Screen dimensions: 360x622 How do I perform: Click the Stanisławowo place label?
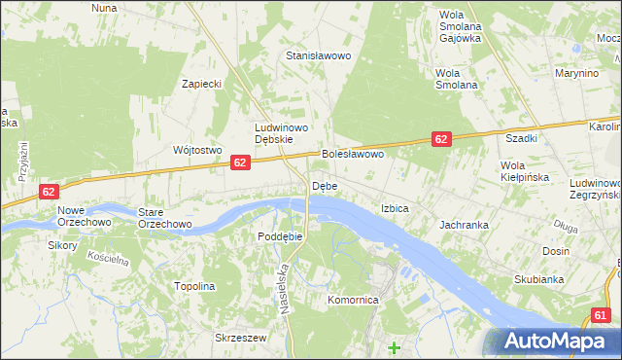click(x=317, y=55)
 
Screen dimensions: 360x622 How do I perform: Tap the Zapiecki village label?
click(x=203, y=84)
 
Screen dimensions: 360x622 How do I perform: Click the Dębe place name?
click(x=325, y=186)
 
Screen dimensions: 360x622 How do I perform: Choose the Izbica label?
click(x=395, y=208)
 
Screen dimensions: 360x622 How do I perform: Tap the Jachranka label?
click(x=464, y=225)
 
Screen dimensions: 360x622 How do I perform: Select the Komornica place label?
click(x=353, y=301)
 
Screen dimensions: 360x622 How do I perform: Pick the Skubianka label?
click(x=539, y=279)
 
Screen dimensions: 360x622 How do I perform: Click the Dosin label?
click(x=556, y=251)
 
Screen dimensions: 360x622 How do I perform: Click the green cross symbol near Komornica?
click(x=394, y=347)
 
